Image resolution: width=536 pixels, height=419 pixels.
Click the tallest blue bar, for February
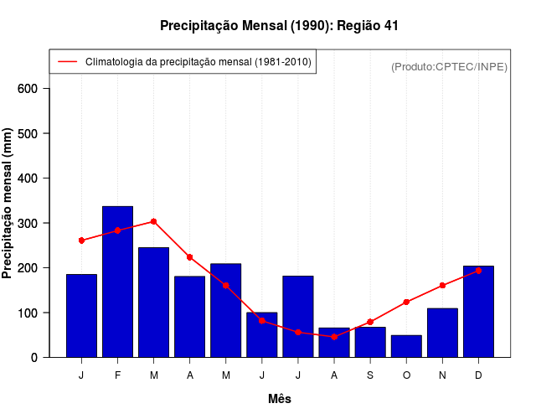coord(117,282)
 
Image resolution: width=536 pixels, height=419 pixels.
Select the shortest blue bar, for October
coord(406,346)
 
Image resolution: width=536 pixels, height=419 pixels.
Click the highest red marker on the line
coord(153,221)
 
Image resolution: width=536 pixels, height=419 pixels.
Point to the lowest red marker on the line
coord(334,336)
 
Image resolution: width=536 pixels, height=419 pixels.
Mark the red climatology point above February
coord(117,230)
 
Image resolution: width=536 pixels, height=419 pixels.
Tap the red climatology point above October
coord(406,302)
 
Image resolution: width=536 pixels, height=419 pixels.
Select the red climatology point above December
coord(478,271)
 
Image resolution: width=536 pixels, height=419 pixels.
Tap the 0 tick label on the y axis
coord(45,358)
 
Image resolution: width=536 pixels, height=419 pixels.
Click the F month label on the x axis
coord(117,375)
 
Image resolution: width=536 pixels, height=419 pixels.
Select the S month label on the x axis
coord(370,375)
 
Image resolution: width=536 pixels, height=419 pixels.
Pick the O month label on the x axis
coord(406,375)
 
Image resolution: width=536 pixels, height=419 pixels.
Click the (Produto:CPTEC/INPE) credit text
coord(450,66)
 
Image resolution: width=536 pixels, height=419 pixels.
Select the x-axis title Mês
coord(280,399)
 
